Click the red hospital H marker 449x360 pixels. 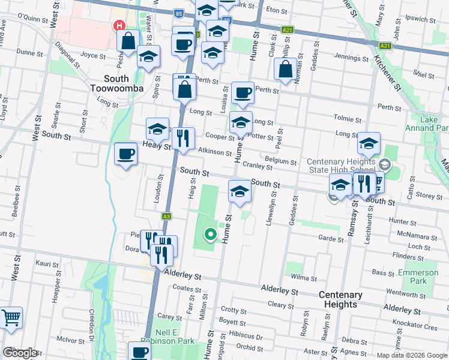[x=119, y=26]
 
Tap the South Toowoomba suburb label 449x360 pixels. [x=124, y=83]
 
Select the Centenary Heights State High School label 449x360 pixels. [x=340, y=166]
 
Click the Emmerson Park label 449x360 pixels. [x=418, y=277]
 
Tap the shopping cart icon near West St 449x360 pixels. [x=10, y=318]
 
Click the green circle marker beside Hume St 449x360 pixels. [x=210, y=235]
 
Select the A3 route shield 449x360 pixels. [x=166, y=216]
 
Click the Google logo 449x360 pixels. [x=20, y=353]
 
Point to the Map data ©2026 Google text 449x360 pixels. [x=412, y=355]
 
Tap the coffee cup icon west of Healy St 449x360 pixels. [x=126, y=154]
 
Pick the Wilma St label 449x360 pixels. [x=304, y=278]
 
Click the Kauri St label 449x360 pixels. [x=47, y=263]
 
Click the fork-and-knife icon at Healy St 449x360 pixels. [x=183, y=138]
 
